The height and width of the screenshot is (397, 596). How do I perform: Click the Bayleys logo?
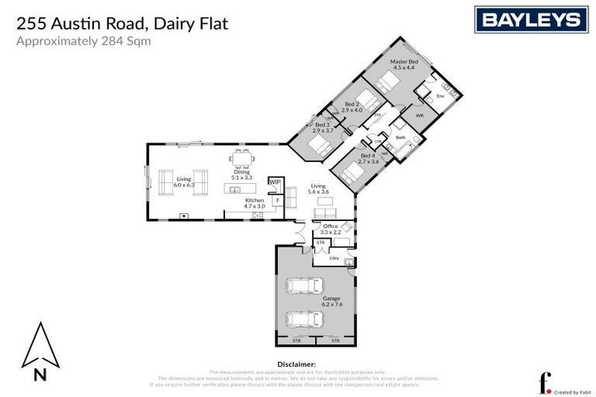click(x=530, y=19)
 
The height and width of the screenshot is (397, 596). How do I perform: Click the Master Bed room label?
click(x=404, y=64)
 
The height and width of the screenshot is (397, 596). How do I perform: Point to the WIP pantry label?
click(x=274, y=181)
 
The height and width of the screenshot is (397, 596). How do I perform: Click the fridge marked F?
click(x=276, y=200)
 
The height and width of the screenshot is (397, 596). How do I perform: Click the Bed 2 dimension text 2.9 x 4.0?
click(x=352, y=110)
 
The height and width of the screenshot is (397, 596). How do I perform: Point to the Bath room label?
click(x=400, y=137)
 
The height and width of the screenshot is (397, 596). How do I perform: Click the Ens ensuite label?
click(x=439, y=95)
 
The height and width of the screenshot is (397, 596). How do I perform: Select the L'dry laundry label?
click(x=334, y=258)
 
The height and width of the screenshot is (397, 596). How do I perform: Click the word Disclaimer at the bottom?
click(x=296, y=363)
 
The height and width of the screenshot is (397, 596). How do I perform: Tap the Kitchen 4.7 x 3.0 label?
click(x=255, y=203)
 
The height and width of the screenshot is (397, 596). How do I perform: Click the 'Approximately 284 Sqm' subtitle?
click(x=83, y=41)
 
